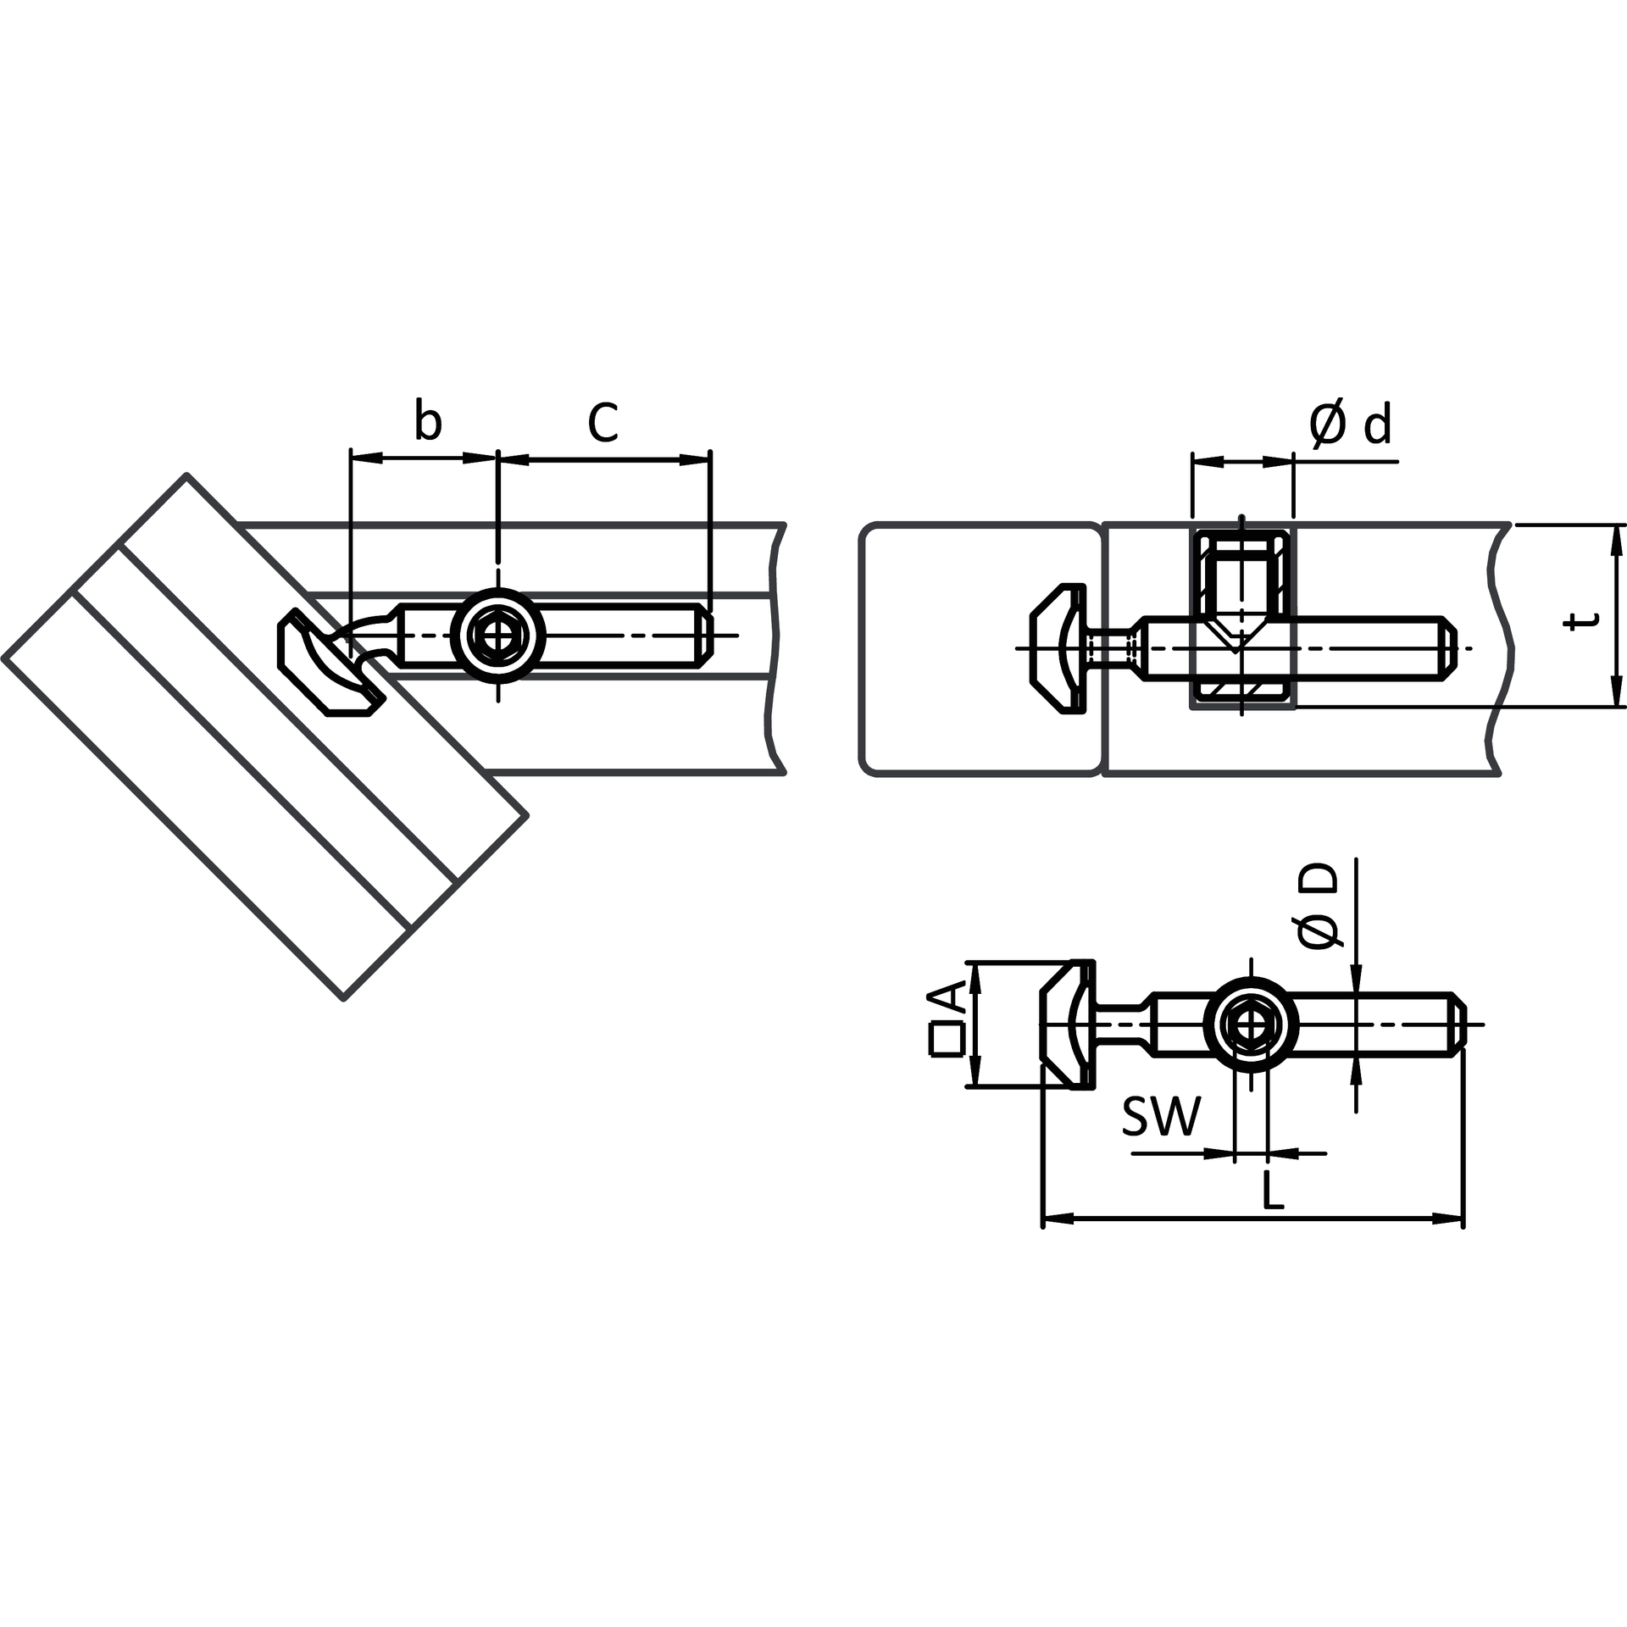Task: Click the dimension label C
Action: [x=602, y=422]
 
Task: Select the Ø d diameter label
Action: [x=1350, y=424]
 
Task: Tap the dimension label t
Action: [x=1581, y=619]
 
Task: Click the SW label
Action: [x=1162, y=1116]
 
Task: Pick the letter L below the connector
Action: [x=1273, y=1190]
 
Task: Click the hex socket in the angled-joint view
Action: [x=497, y=634]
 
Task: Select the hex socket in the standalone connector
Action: [x=1250, y=1025]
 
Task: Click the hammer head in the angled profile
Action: [x=330, y=662]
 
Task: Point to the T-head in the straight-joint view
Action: [x=1058, y=647]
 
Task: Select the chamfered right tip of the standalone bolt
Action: [x=1460, y=1025]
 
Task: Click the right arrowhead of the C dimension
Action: [x=694, y=459]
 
